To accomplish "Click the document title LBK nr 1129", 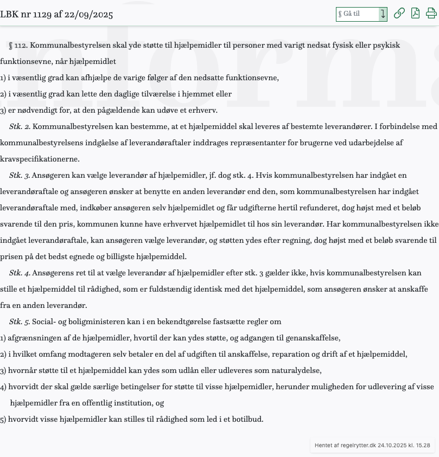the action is [x=56, y=14].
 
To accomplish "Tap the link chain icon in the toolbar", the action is [x=399, y=14].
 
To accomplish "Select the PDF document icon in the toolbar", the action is [x=415, y=14].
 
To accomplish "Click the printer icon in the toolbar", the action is [x=431, y=14].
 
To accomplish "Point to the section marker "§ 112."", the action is [x=18, y=46].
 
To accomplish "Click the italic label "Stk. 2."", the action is [x=20, y=127].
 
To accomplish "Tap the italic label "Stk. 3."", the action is [x=20, y=176].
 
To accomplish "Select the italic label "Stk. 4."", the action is [x=20, y=273].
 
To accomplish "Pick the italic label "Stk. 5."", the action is [x=20, y=322].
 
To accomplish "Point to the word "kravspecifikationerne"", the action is [x=40, y=159].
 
